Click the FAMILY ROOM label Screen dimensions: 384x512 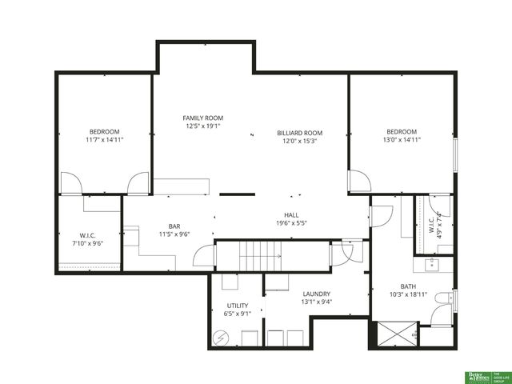click(x=203, y=118)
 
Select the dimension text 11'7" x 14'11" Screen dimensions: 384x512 click(x=104, y=139)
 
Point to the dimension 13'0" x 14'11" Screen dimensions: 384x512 click(x=402, y=139)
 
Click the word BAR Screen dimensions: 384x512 click(x=174, y=226)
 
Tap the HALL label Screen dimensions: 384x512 click(x=291, y=215)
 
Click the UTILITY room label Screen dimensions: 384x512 click(x=238, y=305)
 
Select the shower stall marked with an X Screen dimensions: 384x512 click(x=394, y=334)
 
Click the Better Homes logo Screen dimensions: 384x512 click(x=478, y=376)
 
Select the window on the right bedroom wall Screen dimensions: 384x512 click(x=454, y=155)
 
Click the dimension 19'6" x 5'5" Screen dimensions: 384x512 click(x=291, y=224)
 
